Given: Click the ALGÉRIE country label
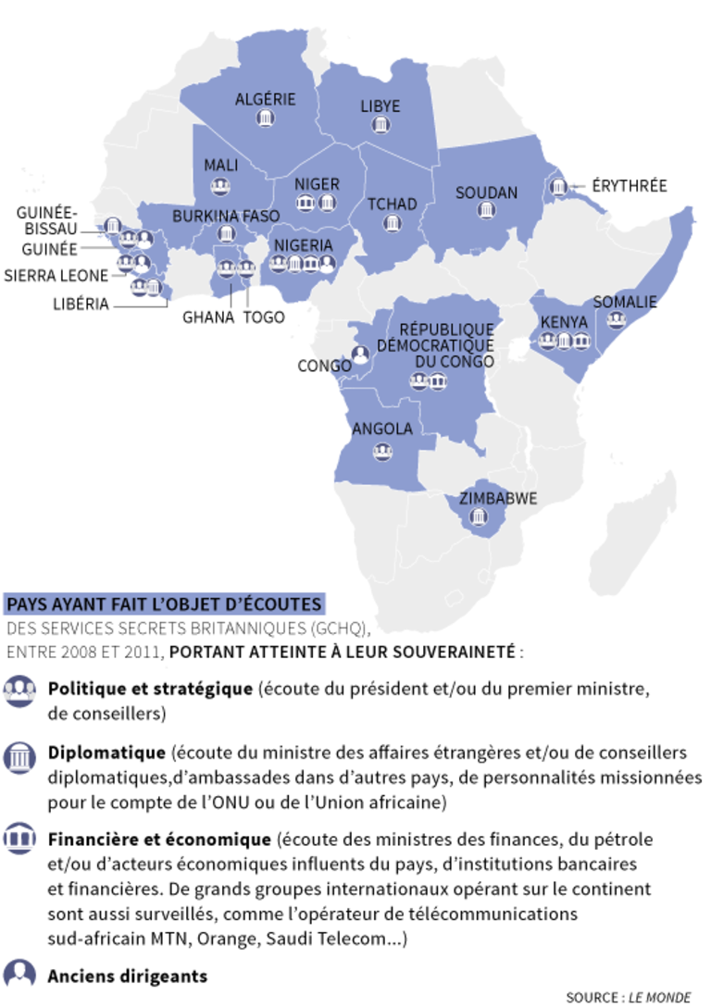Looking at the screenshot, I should (x=265, y=99).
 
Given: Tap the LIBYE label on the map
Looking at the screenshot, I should (x=380, y=106).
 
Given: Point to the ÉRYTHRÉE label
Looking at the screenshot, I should (x=630, y=185).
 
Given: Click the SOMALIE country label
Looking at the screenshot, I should (x=625, y=302).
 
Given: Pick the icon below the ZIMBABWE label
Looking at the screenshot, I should (x=479, y=518).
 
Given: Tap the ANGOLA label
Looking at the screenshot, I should (x=381, y=429).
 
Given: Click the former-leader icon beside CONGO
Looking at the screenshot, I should (x=360, y=353).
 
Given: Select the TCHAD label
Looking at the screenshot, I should (x=393, y=205).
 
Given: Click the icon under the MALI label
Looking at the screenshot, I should (x=220, y=188).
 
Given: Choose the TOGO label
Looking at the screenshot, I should (x=264, y=317).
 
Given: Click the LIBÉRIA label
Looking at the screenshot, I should (x=81, y=303).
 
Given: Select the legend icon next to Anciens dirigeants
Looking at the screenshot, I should (x=19, y=974).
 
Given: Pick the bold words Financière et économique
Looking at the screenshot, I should (x=159, y=840).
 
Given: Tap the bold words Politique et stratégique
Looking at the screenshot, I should (x=150, y=689).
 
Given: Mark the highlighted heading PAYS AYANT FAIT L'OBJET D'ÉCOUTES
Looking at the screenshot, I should (x=165, y=604).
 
